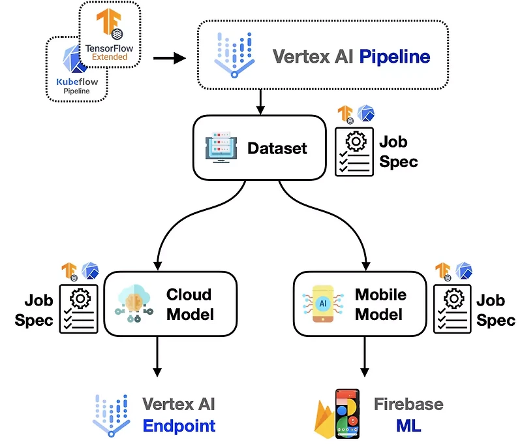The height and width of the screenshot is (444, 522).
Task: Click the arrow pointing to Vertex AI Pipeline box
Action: pos(170,59)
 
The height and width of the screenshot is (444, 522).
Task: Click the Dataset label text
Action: pos(277,148)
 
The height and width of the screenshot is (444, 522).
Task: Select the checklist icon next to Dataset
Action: pos(354,151)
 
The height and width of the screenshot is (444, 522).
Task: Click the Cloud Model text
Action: pos(189,304)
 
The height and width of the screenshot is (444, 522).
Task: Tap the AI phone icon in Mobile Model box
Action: pos(324,304)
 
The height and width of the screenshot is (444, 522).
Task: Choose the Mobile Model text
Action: pos(380,304)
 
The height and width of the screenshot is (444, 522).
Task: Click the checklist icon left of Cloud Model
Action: pos(79,308)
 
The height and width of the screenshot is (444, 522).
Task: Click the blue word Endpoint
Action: pos(179,426)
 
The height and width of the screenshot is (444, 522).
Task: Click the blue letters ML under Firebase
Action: pos(408,426)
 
